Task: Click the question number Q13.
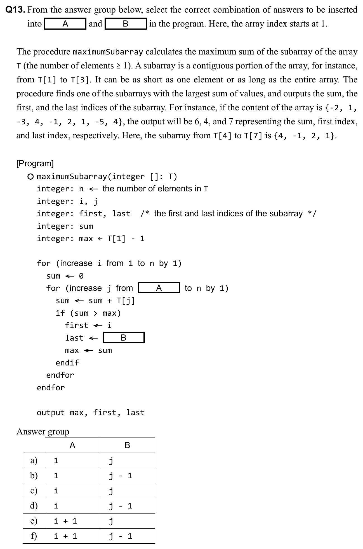coord(16,10)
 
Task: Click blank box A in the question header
coord(65,24)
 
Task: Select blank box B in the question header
coord(126,24)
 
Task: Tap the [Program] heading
coord(35,163)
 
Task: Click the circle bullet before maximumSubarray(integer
coord(31,177)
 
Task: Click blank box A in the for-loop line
coord(159,288)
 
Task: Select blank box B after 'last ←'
coord(124,338)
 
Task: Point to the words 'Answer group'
coord(43,432)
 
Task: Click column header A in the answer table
coord(72,445)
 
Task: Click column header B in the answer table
coord(127,445)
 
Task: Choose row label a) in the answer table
coord(34,460)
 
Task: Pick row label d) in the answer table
coord(34,506)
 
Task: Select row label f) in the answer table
coord(34,536)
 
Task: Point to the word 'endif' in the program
coord(67,363)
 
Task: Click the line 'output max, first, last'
coord(91,412)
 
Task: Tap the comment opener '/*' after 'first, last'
coord(145,214)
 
